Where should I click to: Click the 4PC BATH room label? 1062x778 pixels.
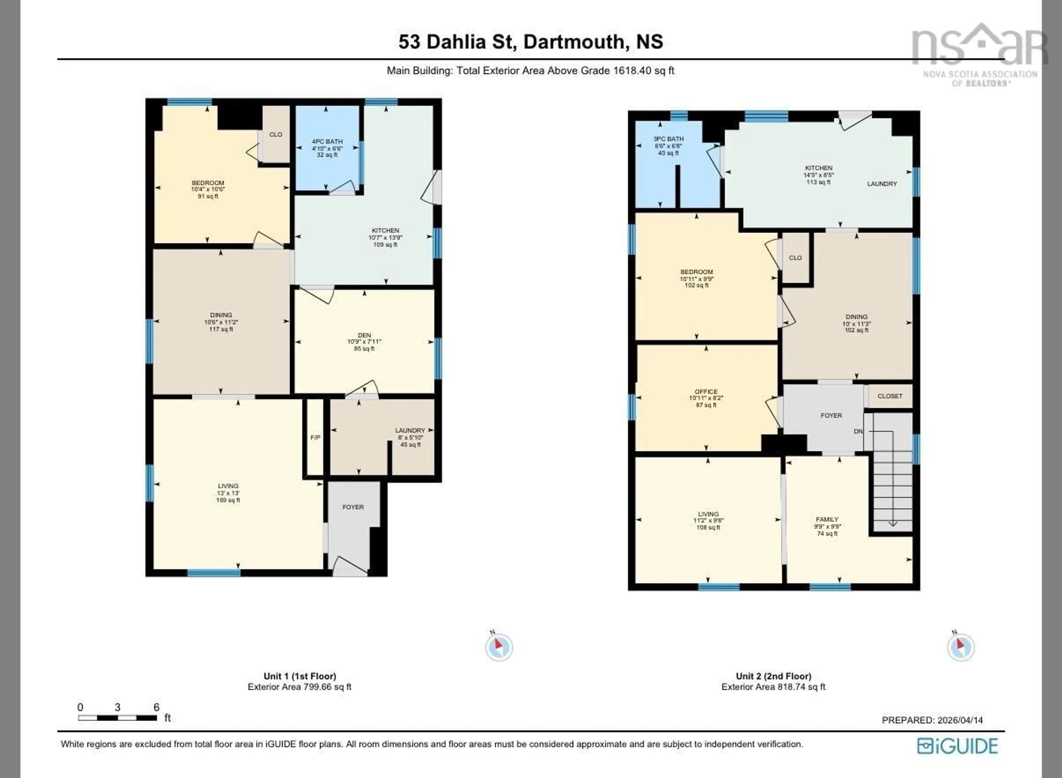(327, 142)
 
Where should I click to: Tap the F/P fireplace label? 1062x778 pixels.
(315, 437)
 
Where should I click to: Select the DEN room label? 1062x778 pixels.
(364, 335)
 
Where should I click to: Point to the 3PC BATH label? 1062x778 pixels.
(668, 139)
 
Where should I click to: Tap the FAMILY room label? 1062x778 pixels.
(827, 520)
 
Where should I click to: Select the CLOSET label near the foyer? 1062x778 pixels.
(890, 396)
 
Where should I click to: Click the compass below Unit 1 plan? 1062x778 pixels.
(499, 647)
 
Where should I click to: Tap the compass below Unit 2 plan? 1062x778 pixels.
(961, 647)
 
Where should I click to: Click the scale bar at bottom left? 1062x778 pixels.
(118, 718)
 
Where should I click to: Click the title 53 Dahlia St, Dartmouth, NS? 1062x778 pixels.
(530, 42)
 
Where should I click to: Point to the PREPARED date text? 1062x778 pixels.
(932, 720)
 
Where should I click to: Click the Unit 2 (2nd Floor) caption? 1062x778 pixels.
(774, 676)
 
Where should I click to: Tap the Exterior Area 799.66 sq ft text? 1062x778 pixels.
(300, 687)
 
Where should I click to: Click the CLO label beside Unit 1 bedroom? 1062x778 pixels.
(275, 135)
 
